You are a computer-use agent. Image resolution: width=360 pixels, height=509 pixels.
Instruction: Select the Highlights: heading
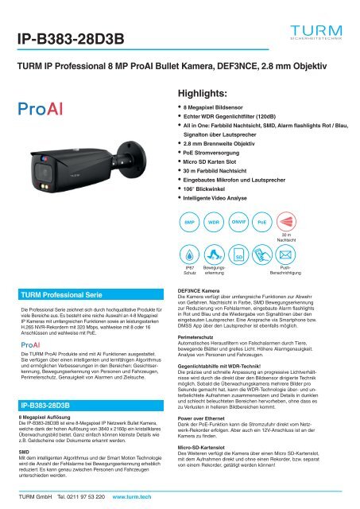[x=206, y=93]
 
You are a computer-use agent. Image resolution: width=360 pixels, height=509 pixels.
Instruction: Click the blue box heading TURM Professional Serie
[x=64, y=293]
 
